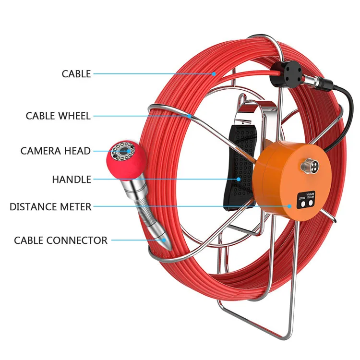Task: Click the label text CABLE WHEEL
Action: click(x=58, y=116)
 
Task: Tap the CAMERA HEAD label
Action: click(x=55, y=151)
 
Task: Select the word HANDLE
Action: click(x=72, y=180)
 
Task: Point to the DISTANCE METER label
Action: click(x=50, y=207)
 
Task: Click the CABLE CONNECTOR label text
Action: click(x=60, y=240)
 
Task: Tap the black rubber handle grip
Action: click(x=239, y=168)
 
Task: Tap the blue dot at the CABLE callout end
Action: click(x=214, y=74)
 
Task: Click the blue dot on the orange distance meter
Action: click(x=290, y=207)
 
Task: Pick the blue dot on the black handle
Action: click(x=239, y=180)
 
